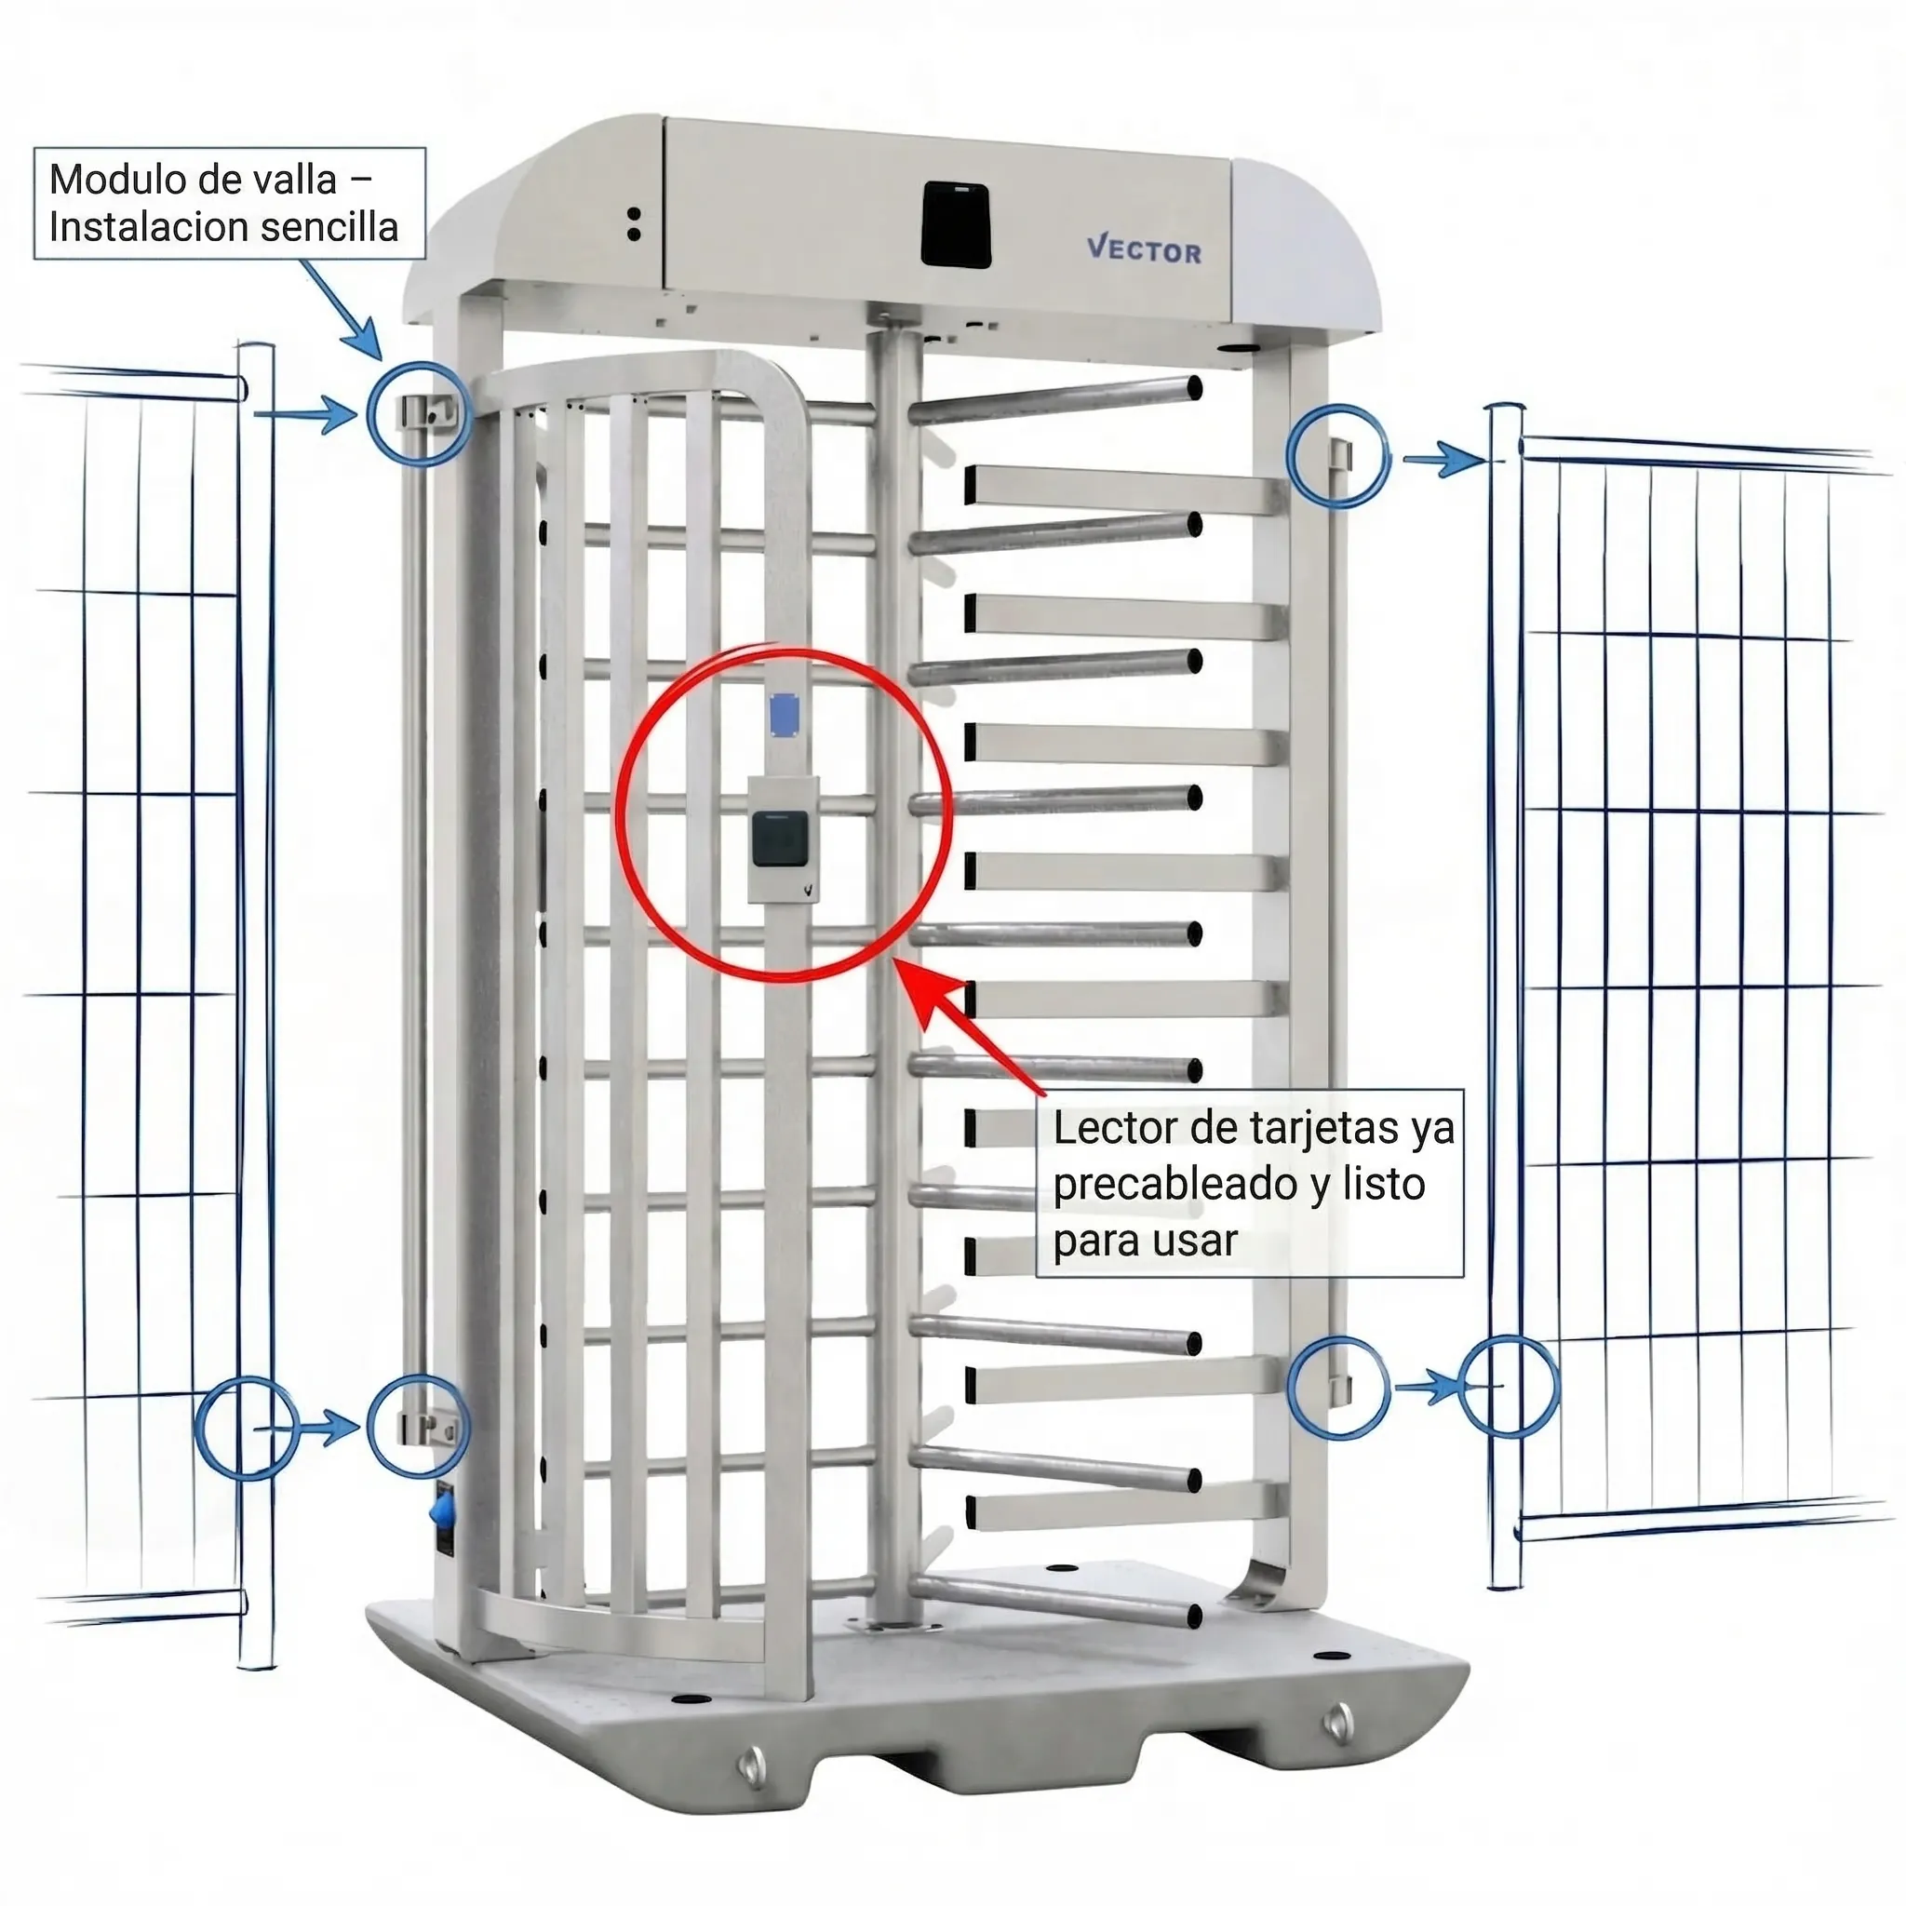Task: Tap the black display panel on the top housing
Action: [x=955, y=224]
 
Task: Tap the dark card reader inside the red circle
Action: [x=778, y=839]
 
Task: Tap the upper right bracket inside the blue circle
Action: [x=1338, y=456]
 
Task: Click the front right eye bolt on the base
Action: [x=1338, y=1722]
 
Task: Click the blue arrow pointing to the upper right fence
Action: [x=1443, y=459]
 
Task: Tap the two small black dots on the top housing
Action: [x=635, y=224]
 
